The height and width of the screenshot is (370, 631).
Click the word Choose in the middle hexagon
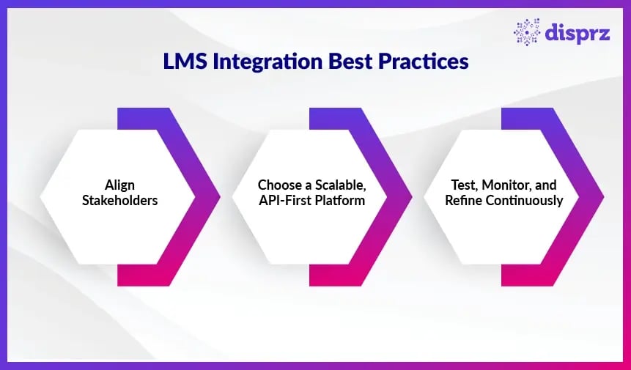pos(277,185)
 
